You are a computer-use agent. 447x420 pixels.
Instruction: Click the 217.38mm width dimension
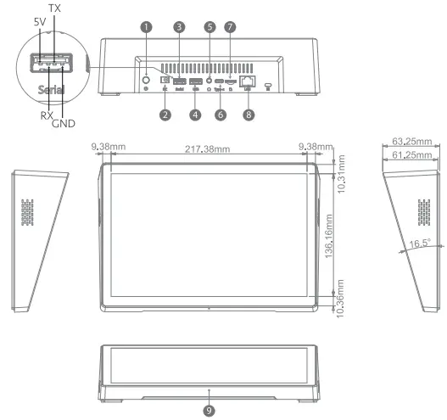tap(210, 149)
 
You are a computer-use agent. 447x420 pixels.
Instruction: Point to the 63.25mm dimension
tap(411, 143)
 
